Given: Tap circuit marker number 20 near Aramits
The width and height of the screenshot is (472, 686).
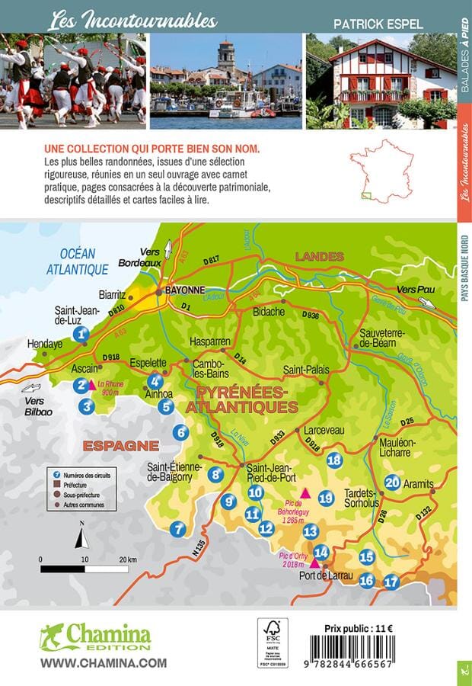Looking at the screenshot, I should coord(393,482).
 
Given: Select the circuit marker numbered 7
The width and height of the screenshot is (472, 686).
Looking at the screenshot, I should coord(178,528).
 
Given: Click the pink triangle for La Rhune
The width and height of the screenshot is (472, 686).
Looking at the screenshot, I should coord(93,385).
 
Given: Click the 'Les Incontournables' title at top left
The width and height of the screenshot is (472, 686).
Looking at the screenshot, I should coord(132,21).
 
